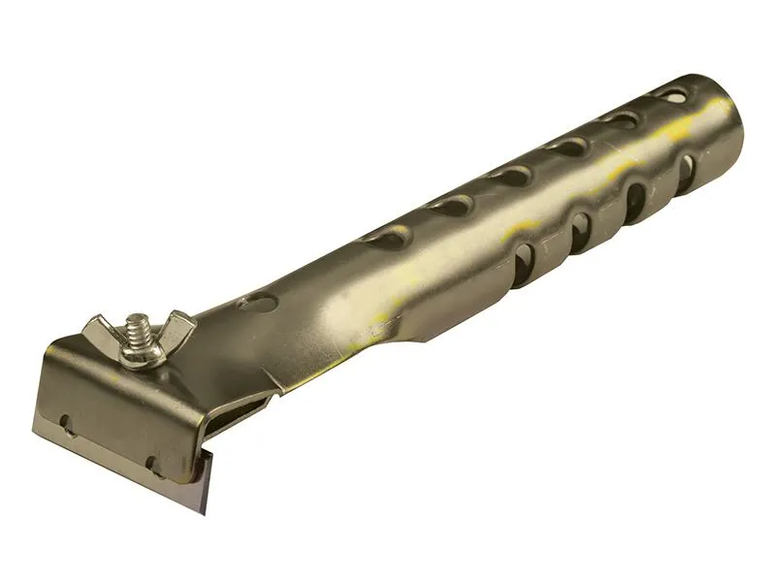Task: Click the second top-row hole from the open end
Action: (622, 120)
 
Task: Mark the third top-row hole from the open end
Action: (568, 146)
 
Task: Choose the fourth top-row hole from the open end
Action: (511, 176)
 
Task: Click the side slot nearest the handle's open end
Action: (686, 174)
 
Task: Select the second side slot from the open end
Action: (635, 202)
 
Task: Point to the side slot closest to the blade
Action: (522, 265)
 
